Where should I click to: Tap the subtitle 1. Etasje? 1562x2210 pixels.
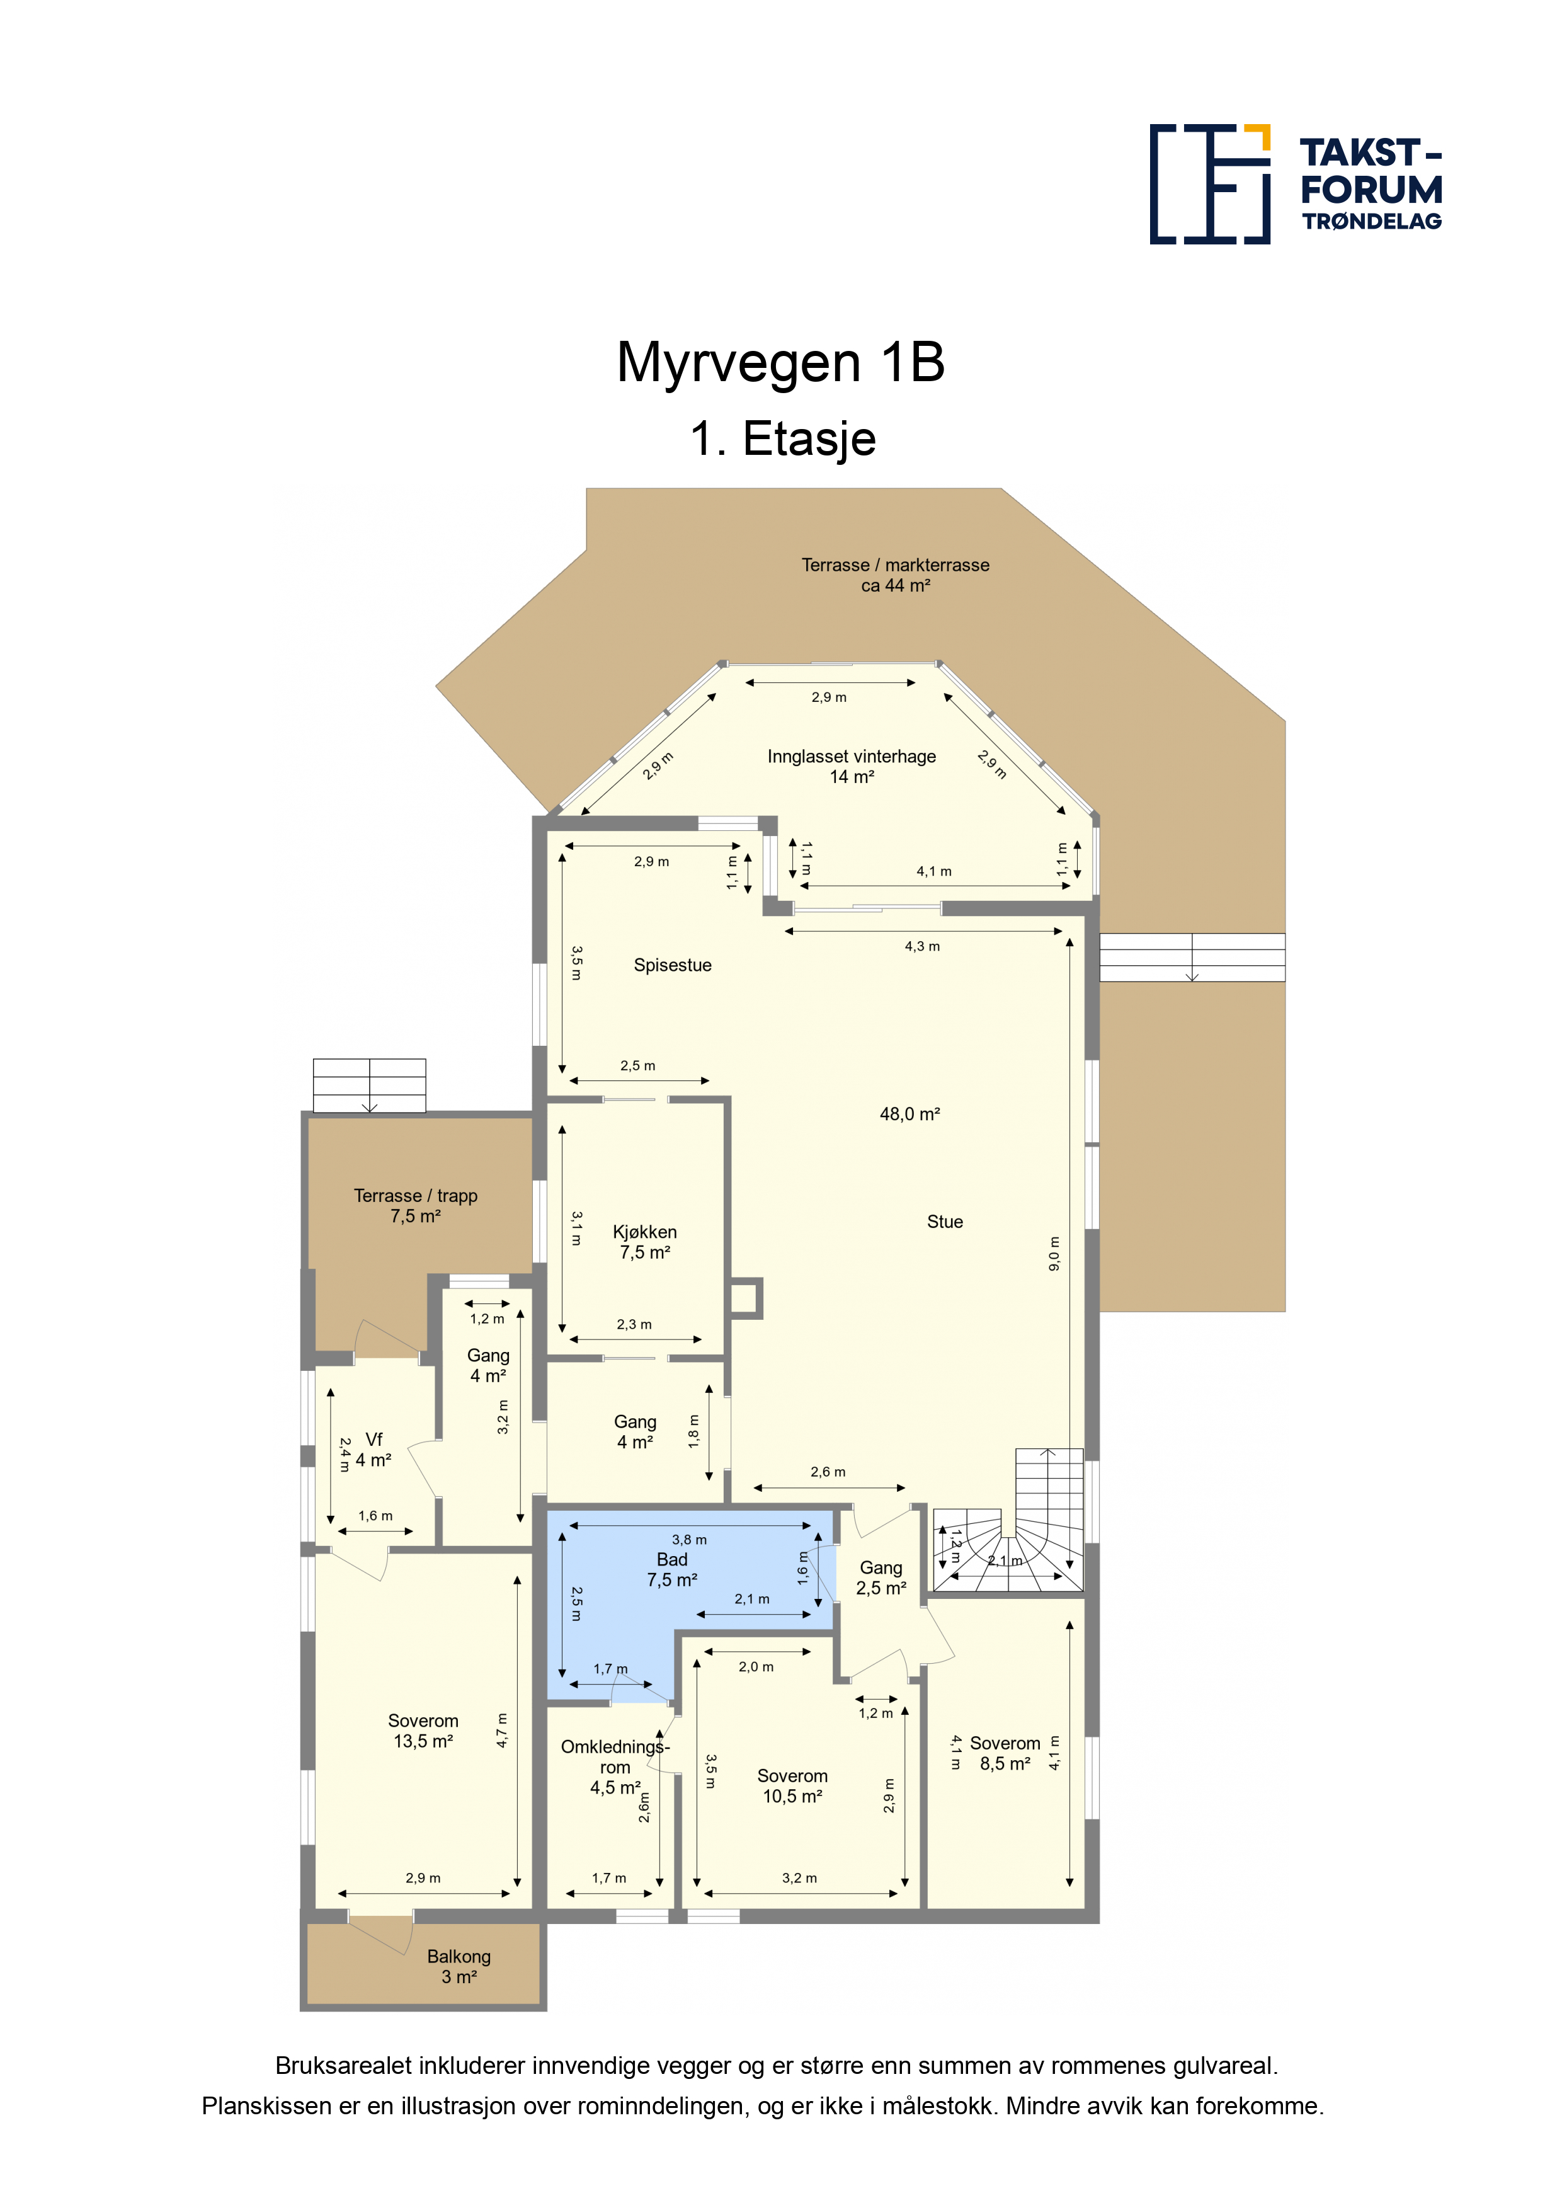click(x=782, y=439)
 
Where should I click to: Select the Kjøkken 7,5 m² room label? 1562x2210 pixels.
click(x=645, y=1242)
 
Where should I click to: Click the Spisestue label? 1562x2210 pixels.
click(x=673, y=965)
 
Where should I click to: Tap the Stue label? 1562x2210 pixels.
click(x=944, y=1222)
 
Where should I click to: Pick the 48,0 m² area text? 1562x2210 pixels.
click(x=909, y=1114)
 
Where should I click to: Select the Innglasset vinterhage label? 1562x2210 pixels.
click(x=852, y=766)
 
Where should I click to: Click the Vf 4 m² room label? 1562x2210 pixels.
click(x=373, y=1450)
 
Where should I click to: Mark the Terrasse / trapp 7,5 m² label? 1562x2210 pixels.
click(x=416, y=1206)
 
